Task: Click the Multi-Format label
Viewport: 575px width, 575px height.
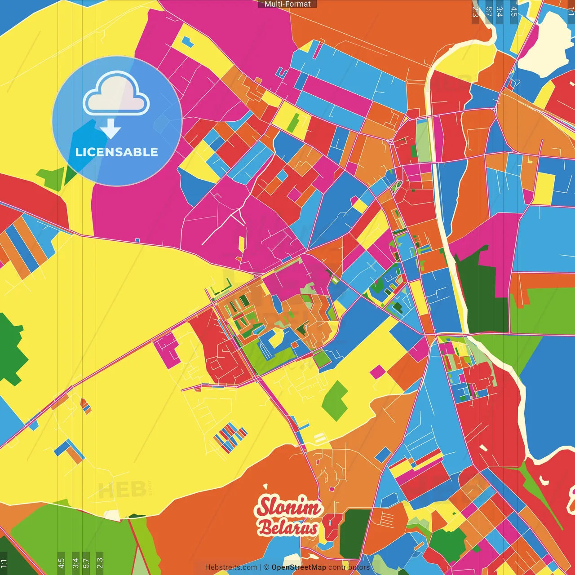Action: pos(287,4)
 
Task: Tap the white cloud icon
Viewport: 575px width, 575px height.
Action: pos(116,95)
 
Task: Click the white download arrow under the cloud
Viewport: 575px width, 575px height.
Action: pos(111,128)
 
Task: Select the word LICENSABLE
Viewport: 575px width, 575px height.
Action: pos(116,152)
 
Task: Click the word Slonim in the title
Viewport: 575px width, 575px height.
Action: pos(289,507)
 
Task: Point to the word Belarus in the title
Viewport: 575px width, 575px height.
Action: pos(287,528)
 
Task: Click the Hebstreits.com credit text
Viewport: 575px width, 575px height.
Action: pos(231,567)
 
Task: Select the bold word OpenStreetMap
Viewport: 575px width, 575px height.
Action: pos(299,567)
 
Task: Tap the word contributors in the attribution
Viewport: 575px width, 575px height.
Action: pos(349,567)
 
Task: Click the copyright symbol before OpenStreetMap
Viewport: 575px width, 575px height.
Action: pos(266,567)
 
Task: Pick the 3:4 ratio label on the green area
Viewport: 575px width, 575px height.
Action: pos(75,562)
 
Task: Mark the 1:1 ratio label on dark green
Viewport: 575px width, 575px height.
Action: pos(4,563)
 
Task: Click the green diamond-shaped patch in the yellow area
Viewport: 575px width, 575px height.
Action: pos(335,400)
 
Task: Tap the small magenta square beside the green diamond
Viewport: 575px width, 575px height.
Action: pos(378,372)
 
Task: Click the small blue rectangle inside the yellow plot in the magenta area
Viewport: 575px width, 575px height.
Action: pos(187,43)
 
